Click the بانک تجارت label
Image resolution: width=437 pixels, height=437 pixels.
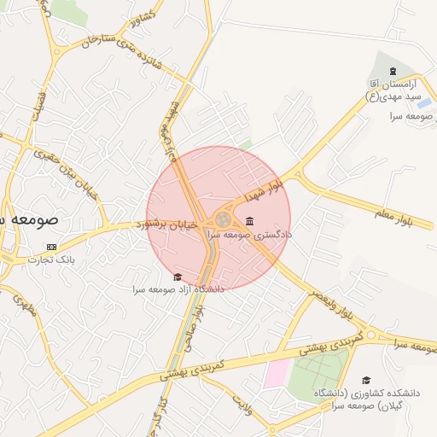[x=52, y=259]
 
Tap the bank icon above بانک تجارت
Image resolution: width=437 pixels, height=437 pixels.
[x=52, y=246]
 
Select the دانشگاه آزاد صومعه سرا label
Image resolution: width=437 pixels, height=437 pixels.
[x=178, y=289]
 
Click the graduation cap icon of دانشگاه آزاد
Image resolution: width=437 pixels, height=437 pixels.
[x=178, y=277]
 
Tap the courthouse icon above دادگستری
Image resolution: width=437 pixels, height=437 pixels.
[x=249, y=221]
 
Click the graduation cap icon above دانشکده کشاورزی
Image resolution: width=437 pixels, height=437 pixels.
[x=366, y=381]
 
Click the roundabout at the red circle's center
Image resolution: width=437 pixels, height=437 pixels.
[x=221, y=219]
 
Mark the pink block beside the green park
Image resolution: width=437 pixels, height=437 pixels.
[x=276, y=374]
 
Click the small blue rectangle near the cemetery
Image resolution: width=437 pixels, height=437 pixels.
[x=425, y=104]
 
